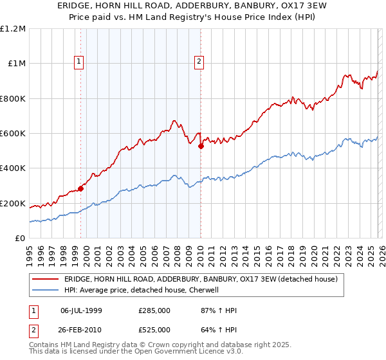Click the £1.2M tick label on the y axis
pos(13,29)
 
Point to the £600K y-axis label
pos(13,134)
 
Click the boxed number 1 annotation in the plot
pos(78,62)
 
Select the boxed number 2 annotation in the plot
pos(199,62)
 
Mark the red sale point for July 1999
pos(80,188)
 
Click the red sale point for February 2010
pos(201,147)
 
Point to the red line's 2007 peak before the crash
pos(174,120)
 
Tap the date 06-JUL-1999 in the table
pos(81,310)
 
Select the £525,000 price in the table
pos(154,330)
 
